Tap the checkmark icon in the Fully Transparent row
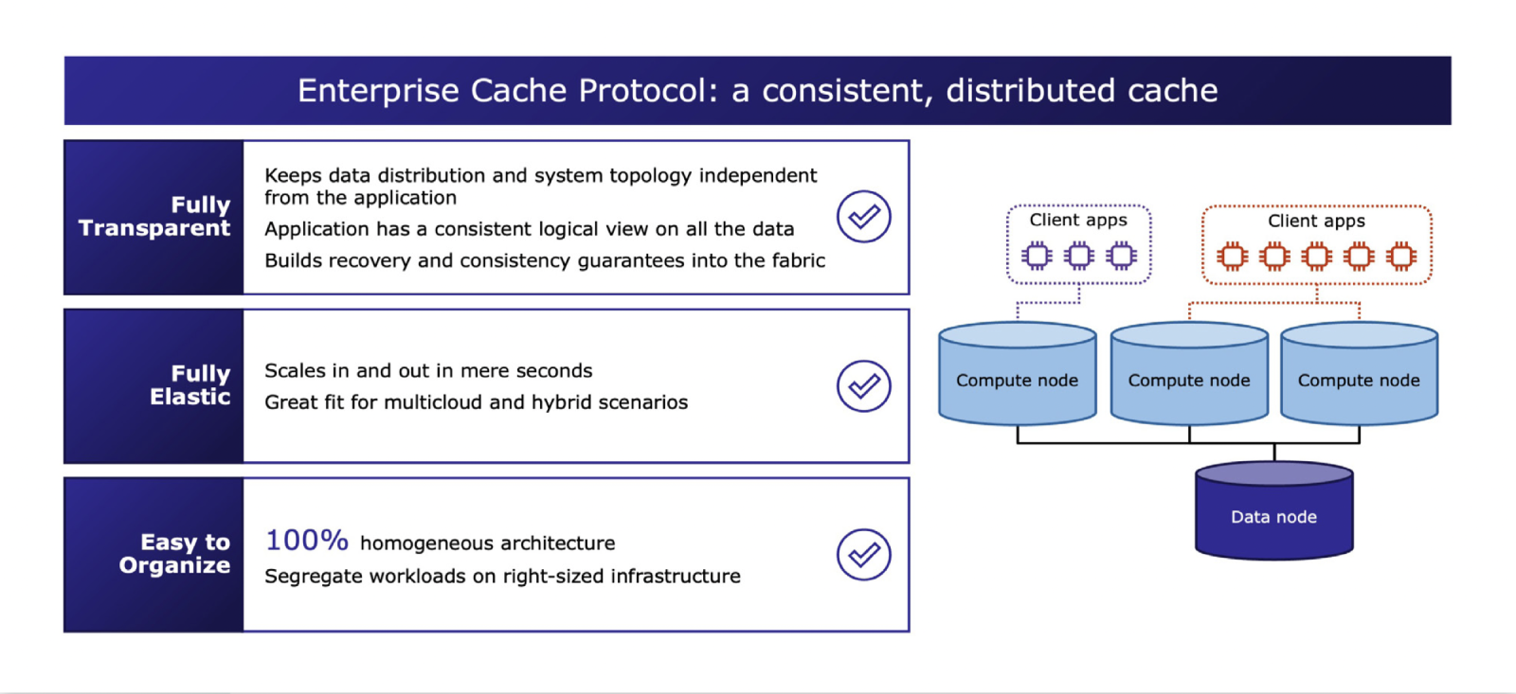(x=863, y=217)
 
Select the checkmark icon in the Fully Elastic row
(x=863, y=385)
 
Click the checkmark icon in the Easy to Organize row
(x=863, y=554)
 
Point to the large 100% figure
(x=307, y=541)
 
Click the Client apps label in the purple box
(x=1078, y=221)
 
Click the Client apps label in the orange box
(x=1316, y=222)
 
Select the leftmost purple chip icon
(x=1037, y=256)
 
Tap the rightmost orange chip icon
(x=1401, y=257)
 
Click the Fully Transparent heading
(x=155, y=217)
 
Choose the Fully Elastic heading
(x=190, y=385)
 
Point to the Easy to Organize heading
(x=176, y=554)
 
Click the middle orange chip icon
(x=1316, y=257)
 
